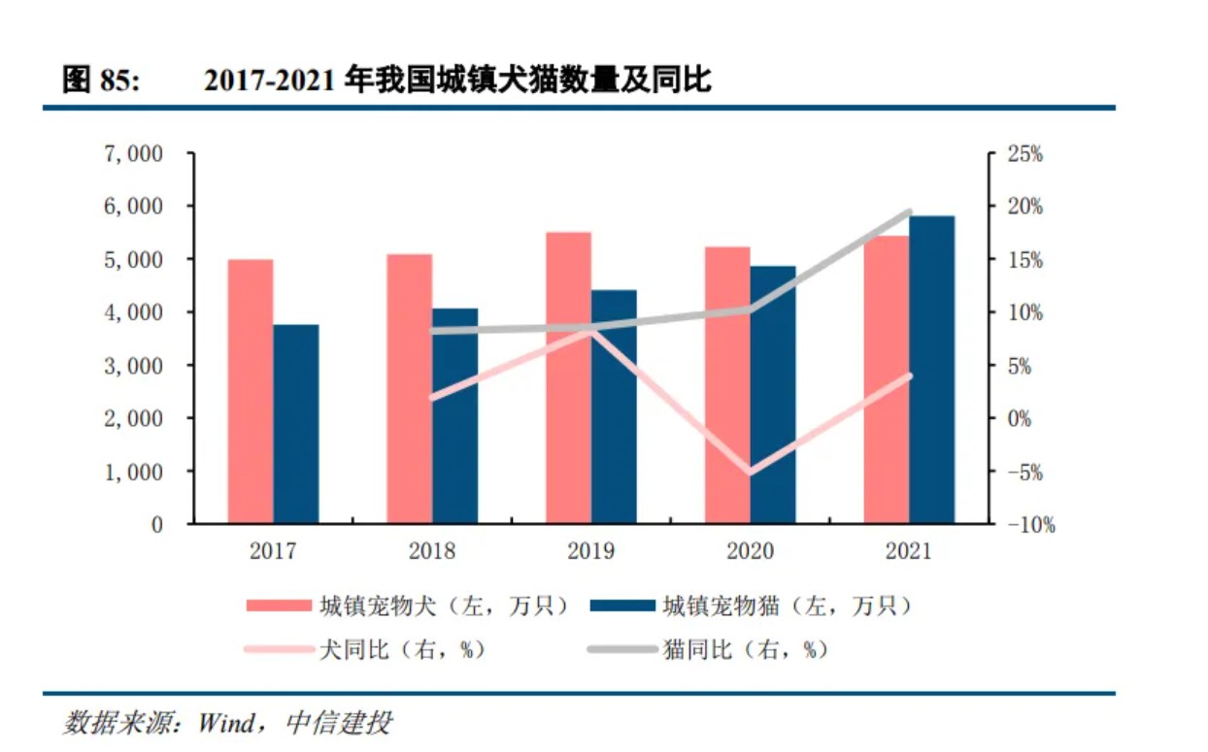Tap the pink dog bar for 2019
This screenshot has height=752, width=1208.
tap(568, 377)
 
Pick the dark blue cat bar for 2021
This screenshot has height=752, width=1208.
tap(931, 370)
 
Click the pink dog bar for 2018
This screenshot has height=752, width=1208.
tap(410, 388)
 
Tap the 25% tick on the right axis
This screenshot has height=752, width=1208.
tap(1023, 153)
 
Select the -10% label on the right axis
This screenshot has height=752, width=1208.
tap(1028, 525)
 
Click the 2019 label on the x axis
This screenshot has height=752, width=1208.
tap(590, 552)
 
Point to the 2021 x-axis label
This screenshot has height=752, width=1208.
tap(908, 552)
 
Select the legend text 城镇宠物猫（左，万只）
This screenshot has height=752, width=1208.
tap(787, 606)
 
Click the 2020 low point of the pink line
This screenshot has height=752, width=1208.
tap(750, 473)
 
